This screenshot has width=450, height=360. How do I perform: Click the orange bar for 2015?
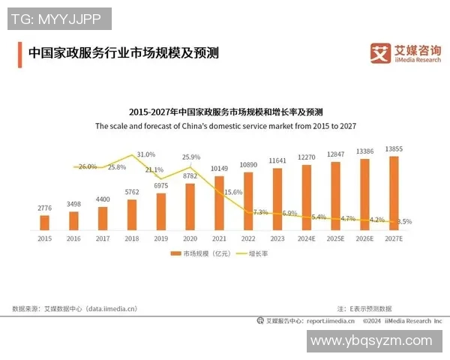pos(45,222)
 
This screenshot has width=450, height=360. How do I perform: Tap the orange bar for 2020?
pos(190,206)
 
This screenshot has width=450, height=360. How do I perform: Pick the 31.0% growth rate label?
pos(146,154)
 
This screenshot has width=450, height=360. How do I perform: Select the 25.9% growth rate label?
pos(191,157)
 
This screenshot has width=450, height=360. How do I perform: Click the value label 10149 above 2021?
pos(219,168)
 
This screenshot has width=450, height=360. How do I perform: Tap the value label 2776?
pos(45,207)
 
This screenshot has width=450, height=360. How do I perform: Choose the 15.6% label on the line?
pos(233,192)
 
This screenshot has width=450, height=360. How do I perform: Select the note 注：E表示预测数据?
pos(364,308)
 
